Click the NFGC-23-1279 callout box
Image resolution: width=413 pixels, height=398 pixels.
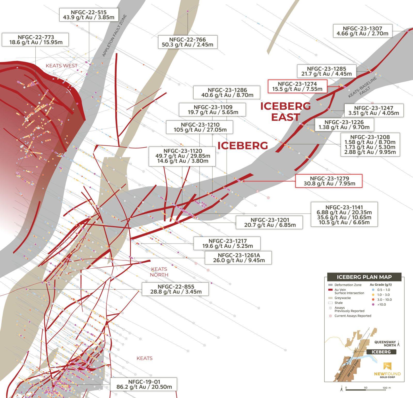[329, 181]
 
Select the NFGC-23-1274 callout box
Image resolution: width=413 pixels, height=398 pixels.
[297, 86]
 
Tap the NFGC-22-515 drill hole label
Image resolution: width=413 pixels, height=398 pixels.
[89, 15]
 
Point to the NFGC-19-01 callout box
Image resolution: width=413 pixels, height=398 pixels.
[144, 384]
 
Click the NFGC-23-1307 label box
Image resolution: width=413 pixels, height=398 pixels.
[362, 31]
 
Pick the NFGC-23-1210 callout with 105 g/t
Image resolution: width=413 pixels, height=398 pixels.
[200, 127]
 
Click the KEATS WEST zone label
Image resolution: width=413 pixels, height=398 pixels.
[62, 66]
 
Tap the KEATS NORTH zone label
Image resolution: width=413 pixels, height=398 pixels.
[159, 272]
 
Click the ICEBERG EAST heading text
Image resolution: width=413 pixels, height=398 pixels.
[285, 112]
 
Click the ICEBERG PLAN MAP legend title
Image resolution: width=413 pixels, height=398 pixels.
[364, 277]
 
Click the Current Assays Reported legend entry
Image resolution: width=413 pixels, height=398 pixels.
[350, 316]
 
